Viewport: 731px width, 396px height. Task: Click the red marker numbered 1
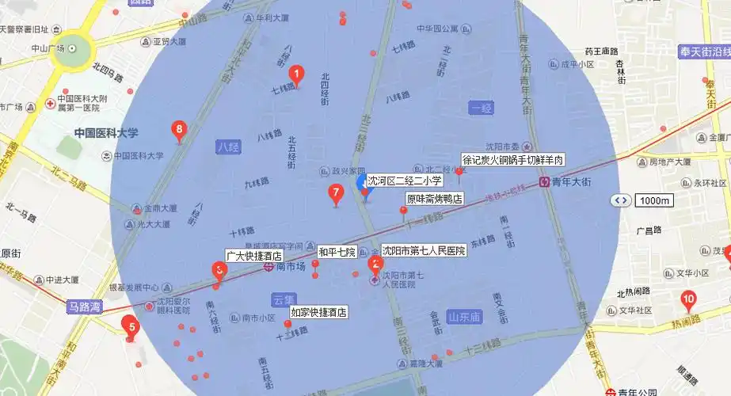(x=297, y=74)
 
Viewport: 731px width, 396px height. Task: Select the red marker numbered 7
(x=336, y=192)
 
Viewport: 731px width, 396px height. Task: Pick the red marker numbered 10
(x=688, y=300)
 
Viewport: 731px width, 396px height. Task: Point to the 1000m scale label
(x=653, y=200)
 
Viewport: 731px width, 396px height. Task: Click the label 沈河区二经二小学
(x=404, y=181)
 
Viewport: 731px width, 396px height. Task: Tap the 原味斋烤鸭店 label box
(x=434, y=198)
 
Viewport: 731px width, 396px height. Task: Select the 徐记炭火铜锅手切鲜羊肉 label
(x=513, y=160)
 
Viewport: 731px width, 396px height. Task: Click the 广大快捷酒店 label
(x=254, y=256)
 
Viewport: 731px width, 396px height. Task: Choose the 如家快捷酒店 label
(x=318, y=312)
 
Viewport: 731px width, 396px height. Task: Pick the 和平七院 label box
(x=337, y=252)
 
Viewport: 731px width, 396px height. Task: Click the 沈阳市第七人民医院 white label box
(x=423, y=250)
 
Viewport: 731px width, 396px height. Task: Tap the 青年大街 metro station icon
(x=545, y=181)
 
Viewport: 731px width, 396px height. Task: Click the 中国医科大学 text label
(x=106, y=133)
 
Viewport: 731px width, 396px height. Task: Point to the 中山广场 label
(x=47, y=48)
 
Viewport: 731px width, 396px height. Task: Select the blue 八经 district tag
(x=227, y=147)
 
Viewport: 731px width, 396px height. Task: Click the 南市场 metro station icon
(x=268, y=268)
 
